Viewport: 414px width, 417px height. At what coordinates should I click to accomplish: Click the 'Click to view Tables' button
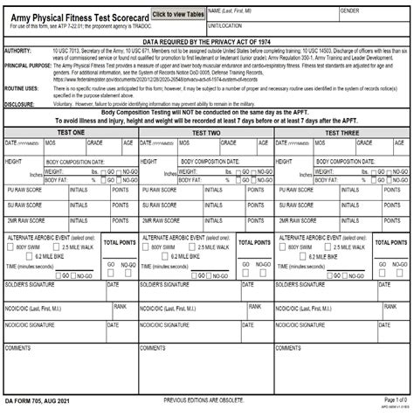(177, 15)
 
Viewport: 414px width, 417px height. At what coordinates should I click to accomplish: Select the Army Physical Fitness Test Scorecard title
(76, 16)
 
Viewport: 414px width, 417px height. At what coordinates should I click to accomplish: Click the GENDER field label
(350, 10)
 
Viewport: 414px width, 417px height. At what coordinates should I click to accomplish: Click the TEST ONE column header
(71, 131)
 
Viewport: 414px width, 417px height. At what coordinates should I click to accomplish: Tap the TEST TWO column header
(206, 131)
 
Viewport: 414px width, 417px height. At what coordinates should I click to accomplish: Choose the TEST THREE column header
(342, 131)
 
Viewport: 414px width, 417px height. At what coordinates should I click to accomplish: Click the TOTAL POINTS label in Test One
(120, 242)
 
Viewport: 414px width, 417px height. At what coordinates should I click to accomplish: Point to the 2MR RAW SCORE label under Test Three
(297, 220)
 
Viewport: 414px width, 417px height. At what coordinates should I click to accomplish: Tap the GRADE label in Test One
(94, 142)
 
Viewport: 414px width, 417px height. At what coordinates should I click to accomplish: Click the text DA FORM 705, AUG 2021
(38, 400)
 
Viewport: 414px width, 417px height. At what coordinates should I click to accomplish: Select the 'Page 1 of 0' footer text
(395, 400)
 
